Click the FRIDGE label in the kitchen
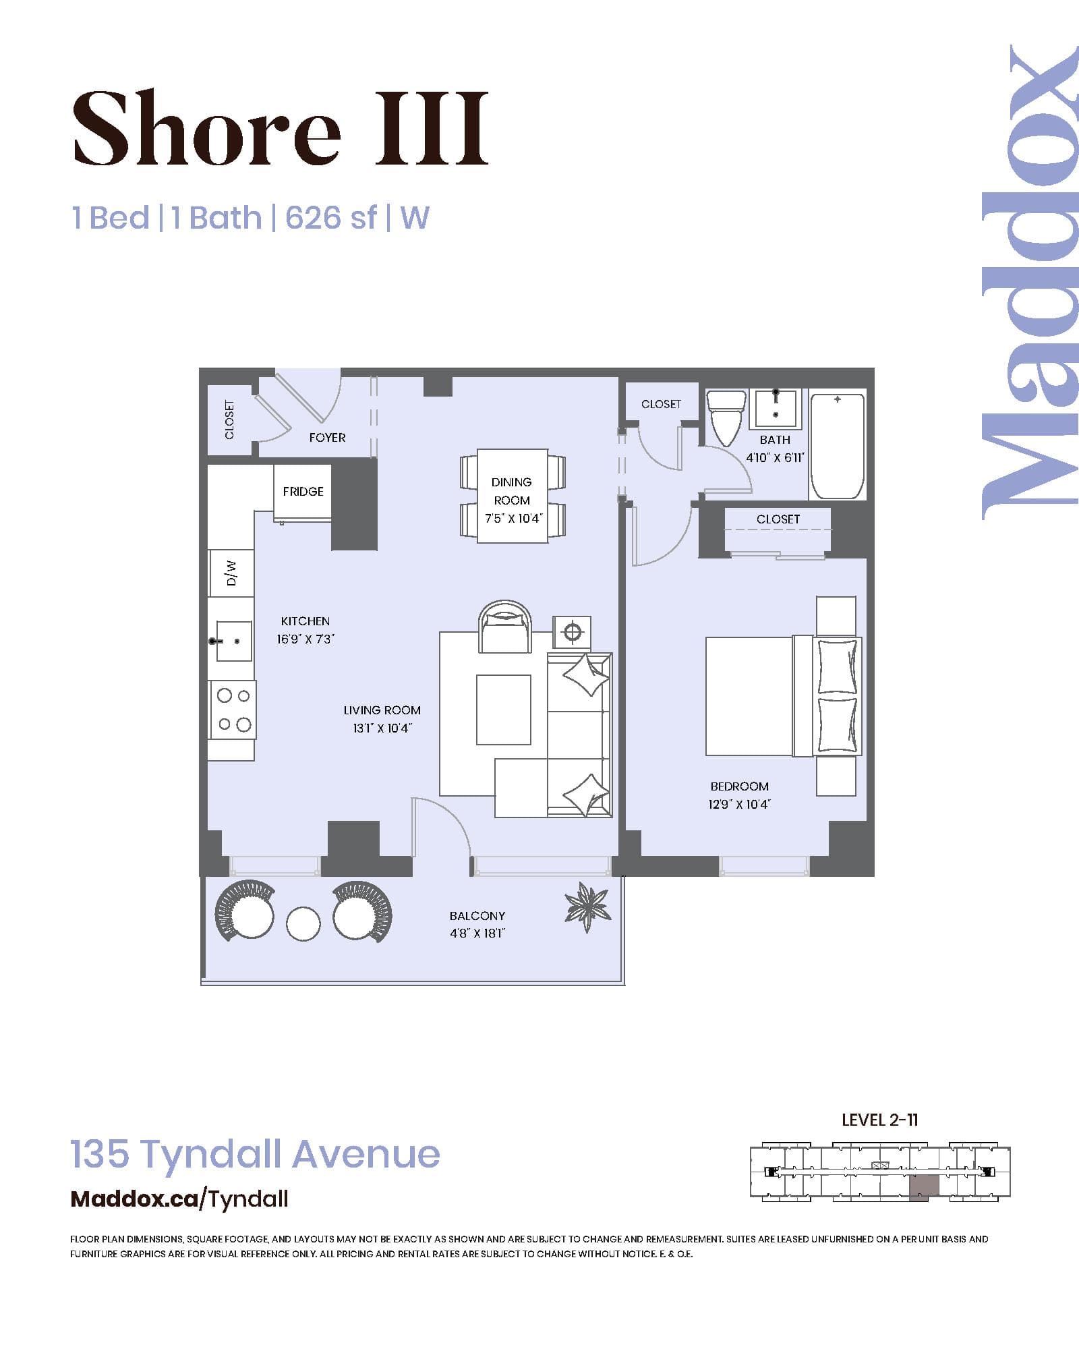[303, 492]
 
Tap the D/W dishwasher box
[231, 573]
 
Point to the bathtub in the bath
[837, 446]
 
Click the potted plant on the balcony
[587, 906]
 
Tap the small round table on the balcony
[303, 924]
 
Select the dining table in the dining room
[513, 496]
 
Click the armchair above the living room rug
[504, 627]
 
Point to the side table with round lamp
[572, 632]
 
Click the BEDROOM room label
[739, 786]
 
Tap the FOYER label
[327, 438]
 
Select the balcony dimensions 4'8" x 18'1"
[477, 934]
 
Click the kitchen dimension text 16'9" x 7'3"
[305, 639]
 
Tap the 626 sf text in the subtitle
[330, 218]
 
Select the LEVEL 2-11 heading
[879, 1120]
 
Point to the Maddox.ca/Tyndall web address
[179, 1199]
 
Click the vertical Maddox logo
[1029, 283]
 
